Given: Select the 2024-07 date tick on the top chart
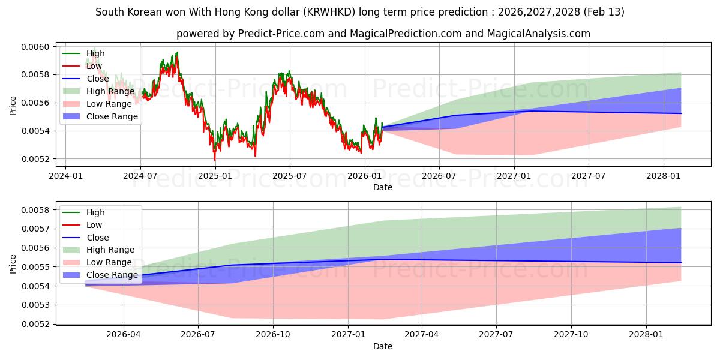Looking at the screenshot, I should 140,176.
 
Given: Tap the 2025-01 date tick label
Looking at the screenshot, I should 215,176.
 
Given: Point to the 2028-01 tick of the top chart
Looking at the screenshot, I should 664,176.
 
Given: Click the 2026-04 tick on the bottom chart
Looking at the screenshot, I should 124,335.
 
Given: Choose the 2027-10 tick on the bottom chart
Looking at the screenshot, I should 571,335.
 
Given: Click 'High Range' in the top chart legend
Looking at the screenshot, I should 110,91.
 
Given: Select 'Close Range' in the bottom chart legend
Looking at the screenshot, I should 112,275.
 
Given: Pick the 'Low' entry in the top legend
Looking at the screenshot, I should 94,66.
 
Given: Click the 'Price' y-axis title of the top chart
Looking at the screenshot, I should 13,106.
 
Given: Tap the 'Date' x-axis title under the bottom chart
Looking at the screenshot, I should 383,346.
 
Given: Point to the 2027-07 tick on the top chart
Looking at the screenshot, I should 588,176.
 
